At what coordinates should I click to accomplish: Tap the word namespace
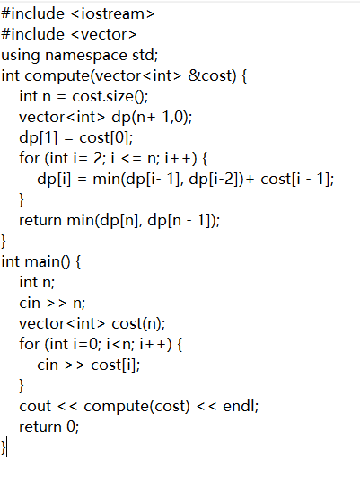pyautogui.click(x=86, y=56)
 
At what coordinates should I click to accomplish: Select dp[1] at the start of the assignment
pyautogui.click(x=39, y=137)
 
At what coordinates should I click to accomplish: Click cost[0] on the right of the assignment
pyautogui.click(x=104, y=137)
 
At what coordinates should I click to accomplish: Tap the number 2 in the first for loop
pyautogui.click(x=98, y=158)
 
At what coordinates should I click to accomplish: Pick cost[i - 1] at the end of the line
pyautogui.click(x=295, y=179)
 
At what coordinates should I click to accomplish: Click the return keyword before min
pyautogui.click(x=40, y=221)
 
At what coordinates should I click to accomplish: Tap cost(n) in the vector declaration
pyautogui.click(x=136, y=324)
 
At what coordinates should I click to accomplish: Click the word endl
pyautogui.click(x=239, y=406)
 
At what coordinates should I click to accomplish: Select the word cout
pyautogui.click(x=35, y=407)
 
